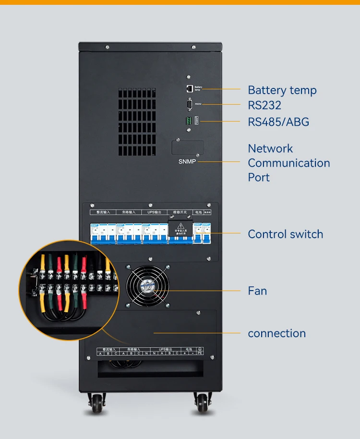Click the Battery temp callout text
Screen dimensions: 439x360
pyautogui.click(x=282, y=90)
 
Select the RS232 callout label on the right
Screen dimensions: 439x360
pyautogui.click(x=264, y=105)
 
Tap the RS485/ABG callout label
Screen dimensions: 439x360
pyautogui.click(x=278, y=122)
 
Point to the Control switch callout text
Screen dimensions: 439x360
pyautogui.click(x=285, y=234)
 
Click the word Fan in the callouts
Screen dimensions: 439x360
pyautogui.click(x=257, y=291)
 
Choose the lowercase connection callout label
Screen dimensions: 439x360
pyautogui.click(x=276, y=333)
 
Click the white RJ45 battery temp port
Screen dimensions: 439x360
pyautogui.click(x=190, y=88)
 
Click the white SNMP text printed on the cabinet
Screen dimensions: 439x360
pyautogui.click(x=187, y=161)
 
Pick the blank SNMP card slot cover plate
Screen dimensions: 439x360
pyautogui.click(x=188, y=147)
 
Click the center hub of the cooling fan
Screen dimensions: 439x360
pyautogui.click(x=148, y=287)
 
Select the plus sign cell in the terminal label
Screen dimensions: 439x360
pyautogui.click(x=184, y=354)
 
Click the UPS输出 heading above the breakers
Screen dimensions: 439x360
pyautogui.click(x=154, y=212)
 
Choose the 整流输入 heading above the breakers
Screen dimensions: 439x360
pyautogui.click(x=103, y=212)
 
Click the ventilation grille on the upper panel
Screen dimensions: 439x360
pyautogui.click(x=137, y=122)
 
